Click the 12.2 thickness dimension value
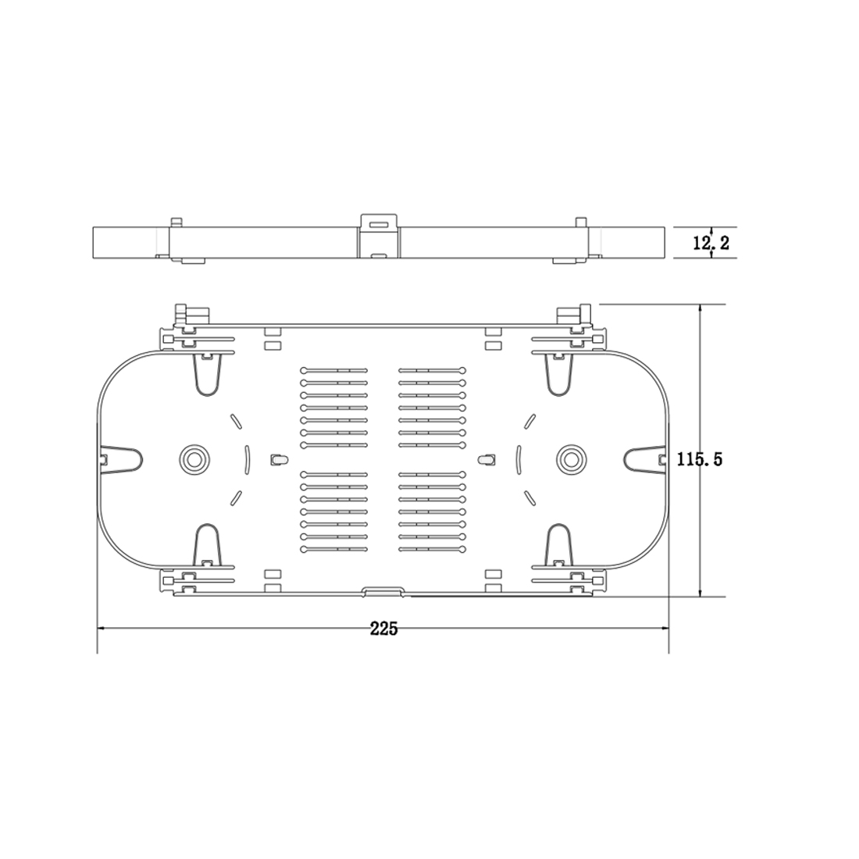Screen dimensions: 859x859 711,242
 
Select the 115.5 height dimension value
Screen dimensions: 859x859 700,458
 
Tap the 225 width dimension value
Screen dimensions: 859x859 383,629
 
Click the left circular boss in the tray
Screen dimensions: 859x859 194,458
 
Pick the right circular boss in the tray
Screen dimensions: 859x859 571,458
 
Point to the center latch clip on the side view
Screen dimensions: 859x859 379,236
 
